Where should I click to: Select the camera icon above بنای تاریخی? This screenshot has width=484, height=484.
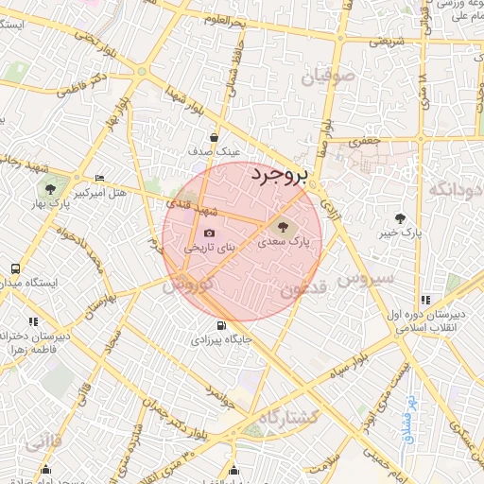(x=209, y=233)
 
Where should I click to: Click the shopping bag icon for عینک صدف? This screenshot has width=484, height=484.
(x=215, y=136)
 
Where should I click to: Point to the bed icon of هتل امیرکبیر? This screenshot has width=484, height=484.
(x=100, y=179)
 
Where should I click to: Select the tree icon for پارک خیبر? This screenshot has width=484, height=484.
(x=409, y=216)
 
